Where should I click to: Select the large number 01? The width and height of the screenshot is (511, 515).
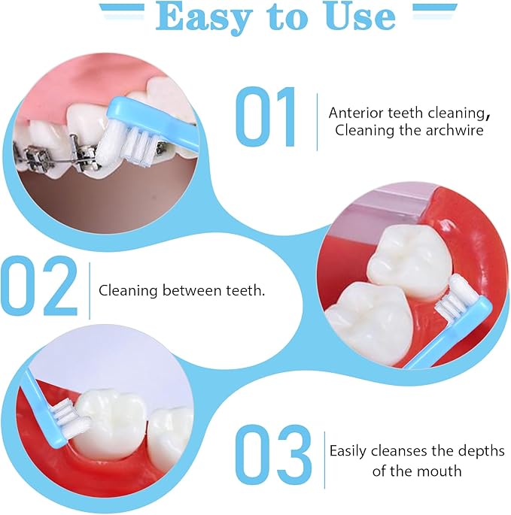[266, 117]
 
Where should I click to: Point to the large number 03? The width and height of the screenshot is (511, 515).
[272, 457]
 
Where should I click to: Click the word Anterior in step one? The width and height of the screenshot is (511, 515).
[354, 113]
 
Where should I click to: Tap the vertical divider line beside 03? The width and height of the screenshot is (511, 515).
[324, 461]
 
